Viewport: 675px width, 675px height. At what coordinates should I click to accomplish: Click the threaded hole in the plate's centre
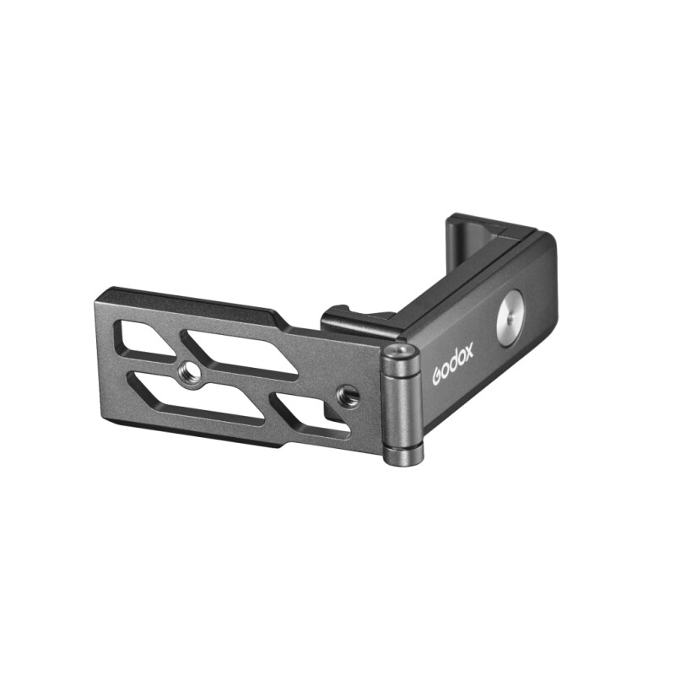[193, 374]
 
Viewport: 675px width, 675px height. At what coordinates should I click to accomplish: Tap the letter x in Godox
[468, 348]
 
